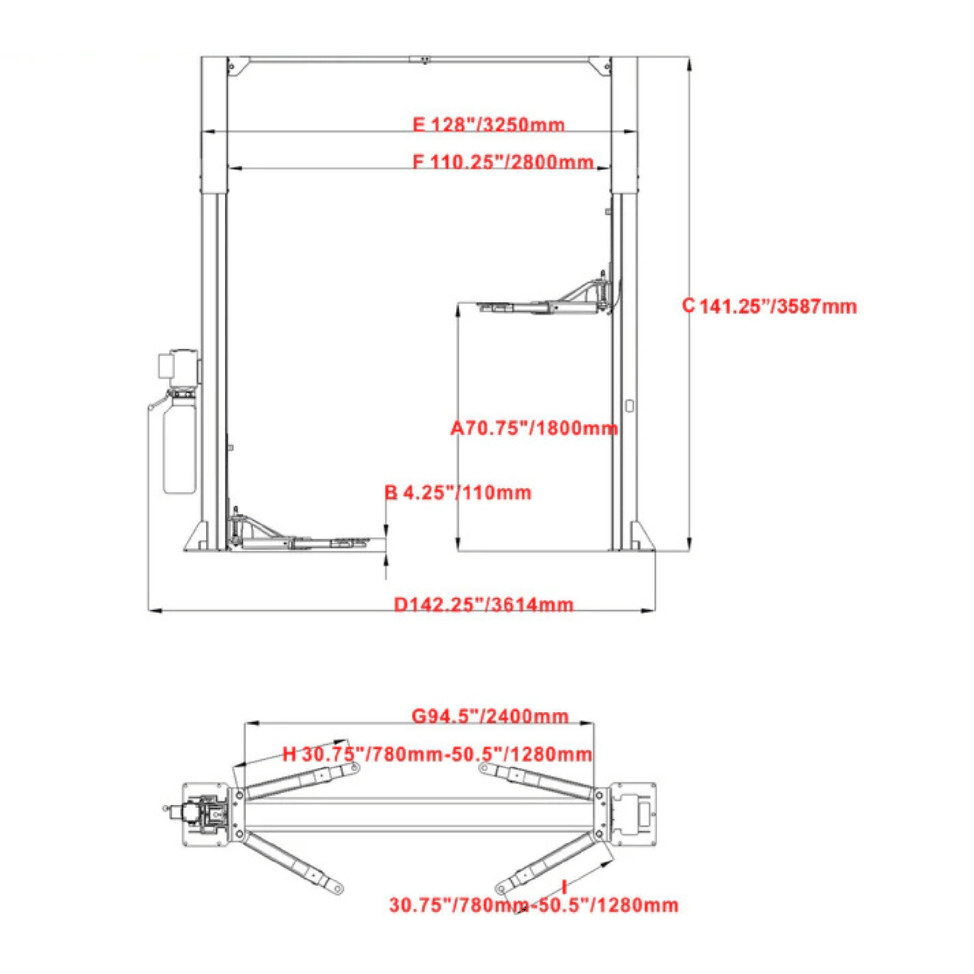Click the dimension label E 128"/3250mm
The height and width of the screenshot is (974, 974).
click(488, 125)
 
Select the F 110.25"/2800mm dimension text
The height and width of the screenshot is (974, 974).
click(503, 162)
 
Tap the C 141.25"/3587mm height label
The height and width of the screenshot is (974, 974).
click(769, 306)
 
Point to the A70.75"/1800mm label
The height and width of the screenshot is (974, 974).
click(534, 429)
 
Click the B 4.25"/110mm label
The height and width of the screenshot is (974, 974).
click(458, 492)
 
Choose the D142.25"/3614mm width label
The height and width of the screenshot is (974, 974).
click(484, 604)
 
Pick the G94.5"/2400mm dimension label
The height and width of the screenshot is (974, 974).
click(490, 716)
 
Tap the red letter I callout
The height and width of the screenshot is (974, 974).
click(564, 886)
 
